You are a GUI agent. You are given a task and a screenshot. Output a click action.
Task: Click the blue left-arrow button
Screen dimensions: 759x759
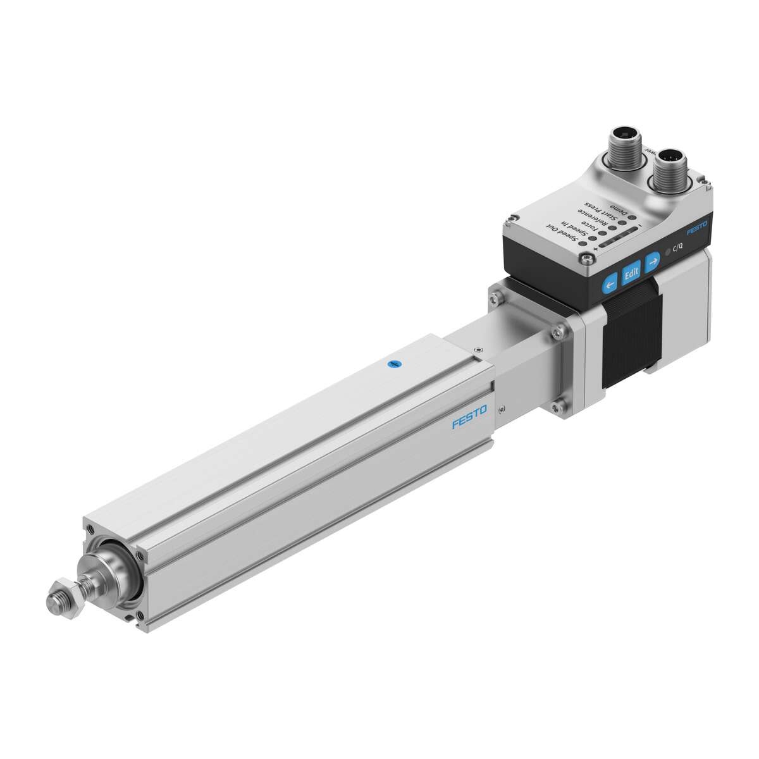pos(610,285)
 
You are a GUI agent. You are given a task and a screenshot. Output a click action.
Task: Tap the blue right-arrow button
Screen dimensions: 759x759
pos(652,259)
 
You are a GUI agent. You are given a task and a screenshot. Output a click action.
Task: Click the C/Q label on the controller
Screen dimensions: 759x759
pos(677,247)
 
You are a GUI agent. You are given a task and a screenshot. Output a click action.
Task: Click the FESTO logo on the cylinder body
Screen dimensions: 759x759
pos(469,418)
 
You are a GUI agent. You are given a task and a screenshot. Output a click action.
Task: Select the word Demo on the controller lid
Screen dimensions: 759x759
pos(617,208)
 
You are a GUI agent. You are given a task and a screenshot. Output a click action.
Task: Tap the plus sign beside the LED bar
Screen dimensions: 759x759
pos(596,249)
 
